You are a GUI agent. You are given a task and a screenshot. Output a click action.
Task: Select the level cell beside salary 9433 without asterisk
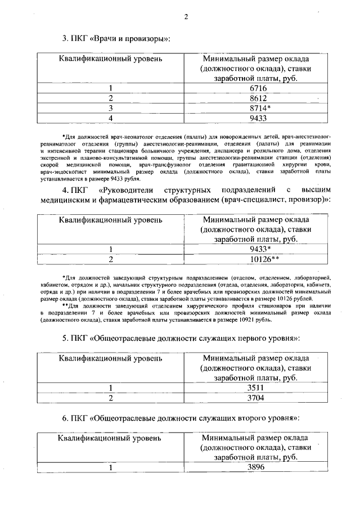click(111, 118)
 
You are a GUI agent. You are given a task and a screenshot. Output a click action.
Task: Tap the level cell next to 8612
click(111, 98)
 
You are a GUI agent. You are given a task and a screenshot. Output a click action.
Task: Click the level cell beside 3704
click(111, 398)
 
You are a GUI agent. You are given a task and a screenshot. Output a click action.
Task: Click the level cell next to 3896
click(111, 467)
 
